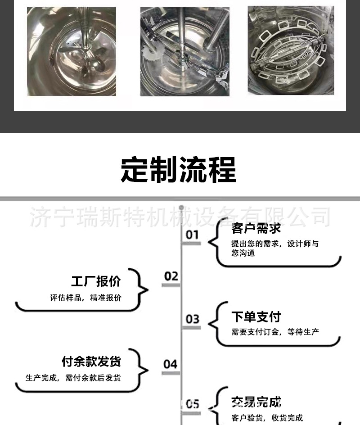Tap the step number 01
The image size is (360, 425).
click(192, 235)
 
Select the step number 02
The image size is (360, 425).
click(171, 276)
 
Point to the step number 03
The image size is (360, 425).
click(192, 319)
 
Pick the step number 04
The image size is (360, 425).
click(171, 363)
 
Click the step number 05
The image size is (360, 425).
click(192, 404)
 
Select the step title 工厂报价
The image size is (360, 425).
click(96, 281)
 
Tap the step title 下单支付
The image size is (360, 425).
click(256, 317)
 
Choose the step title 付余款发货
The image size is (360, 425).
click(91, 361)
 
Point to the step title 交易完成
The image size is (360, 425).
click(256, 402)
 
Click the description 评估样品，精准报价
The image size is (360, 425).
click(85, 298)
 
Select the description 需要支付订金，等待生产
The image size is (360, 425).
click(275, 332)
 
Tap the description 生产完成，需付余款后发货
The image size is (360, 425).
click(73, 378)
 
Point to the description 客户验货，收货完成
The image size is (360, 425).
click(267, 418)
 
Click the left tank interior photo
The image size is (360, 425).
click(72, 51)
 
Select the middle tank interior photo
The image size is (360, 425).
click(184, 51)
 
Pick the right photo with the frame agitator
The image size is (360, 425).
click(291, 50)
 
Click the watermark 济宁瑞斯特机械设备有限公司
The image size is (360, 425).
click(180, 217)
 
